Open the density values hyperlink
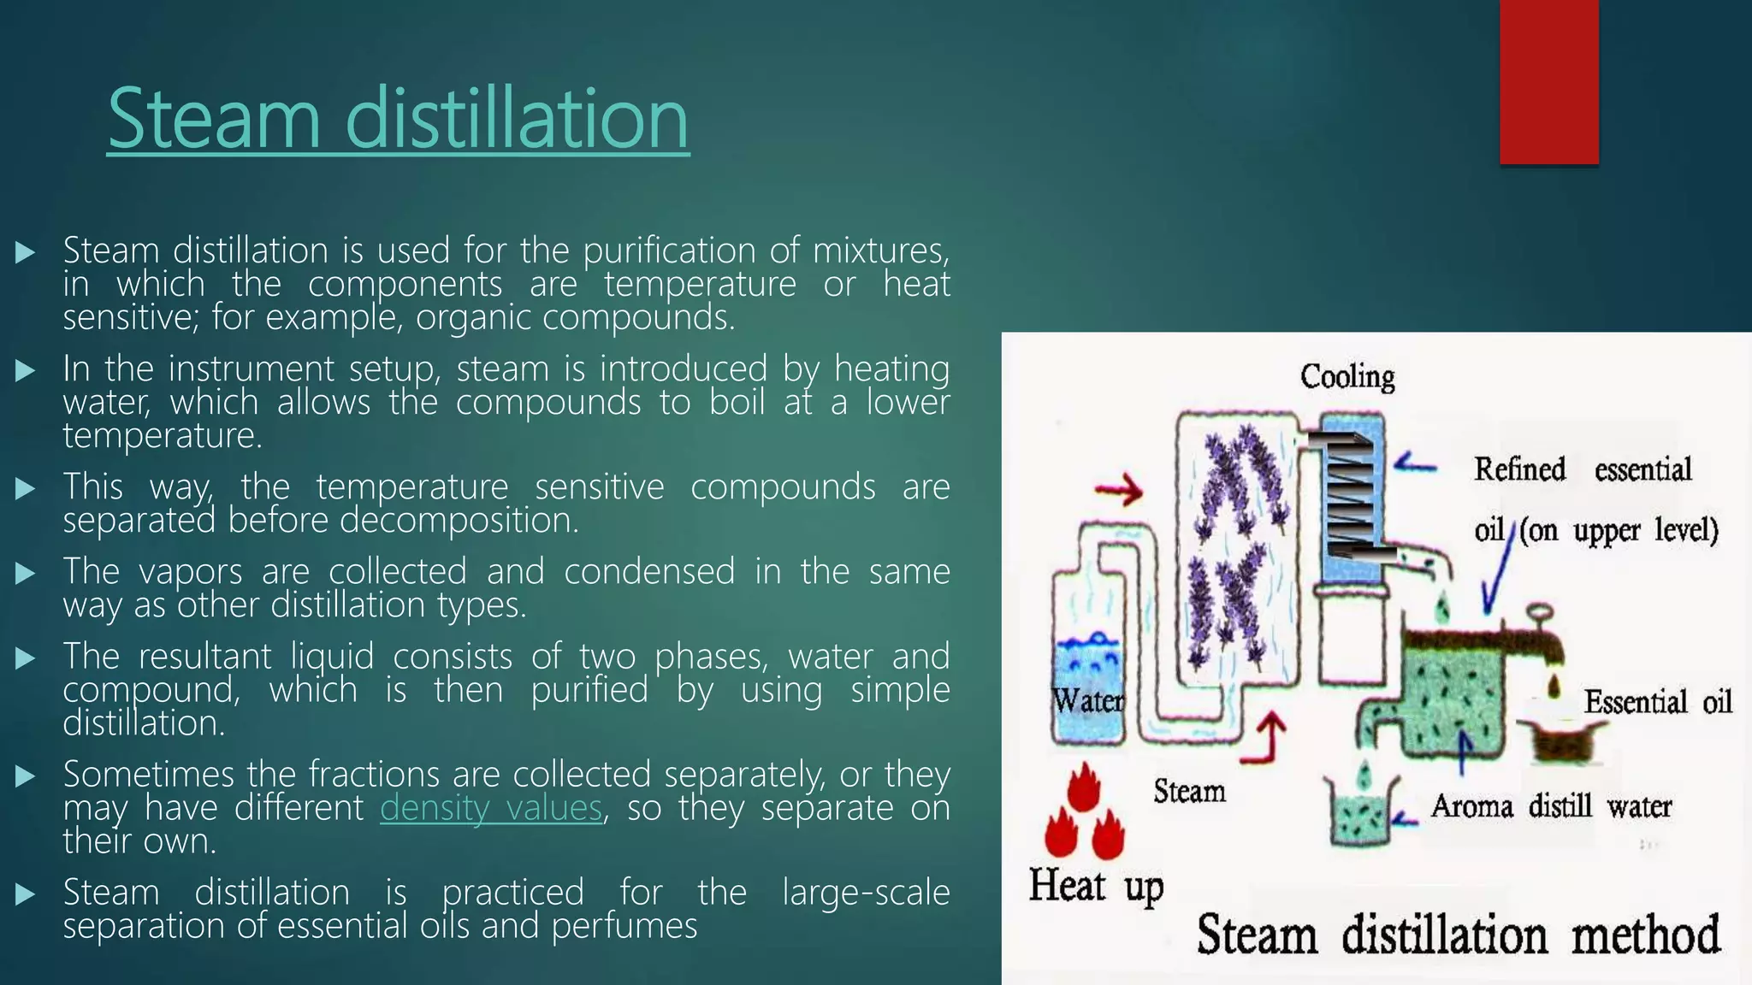click(x=491, y=807)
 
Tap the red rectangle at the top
click(x=1548, y=81)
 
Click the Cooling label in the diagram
click(x=1347, y=376)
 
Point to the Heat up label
click(x=1096, y=885)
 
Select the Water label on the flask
click(x=1087, y=700)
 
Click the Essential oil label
click(x=1657, y=702)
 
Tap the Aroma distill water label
click(x=1550, y=806)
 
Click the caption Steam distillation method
click(x=1458, y=934)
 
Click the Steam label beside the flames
click(x=1189, y=791)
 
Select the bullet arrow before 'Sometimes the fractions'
click(x=25, y=776)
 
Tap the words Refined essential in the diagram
click(x=1582, y=469)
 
